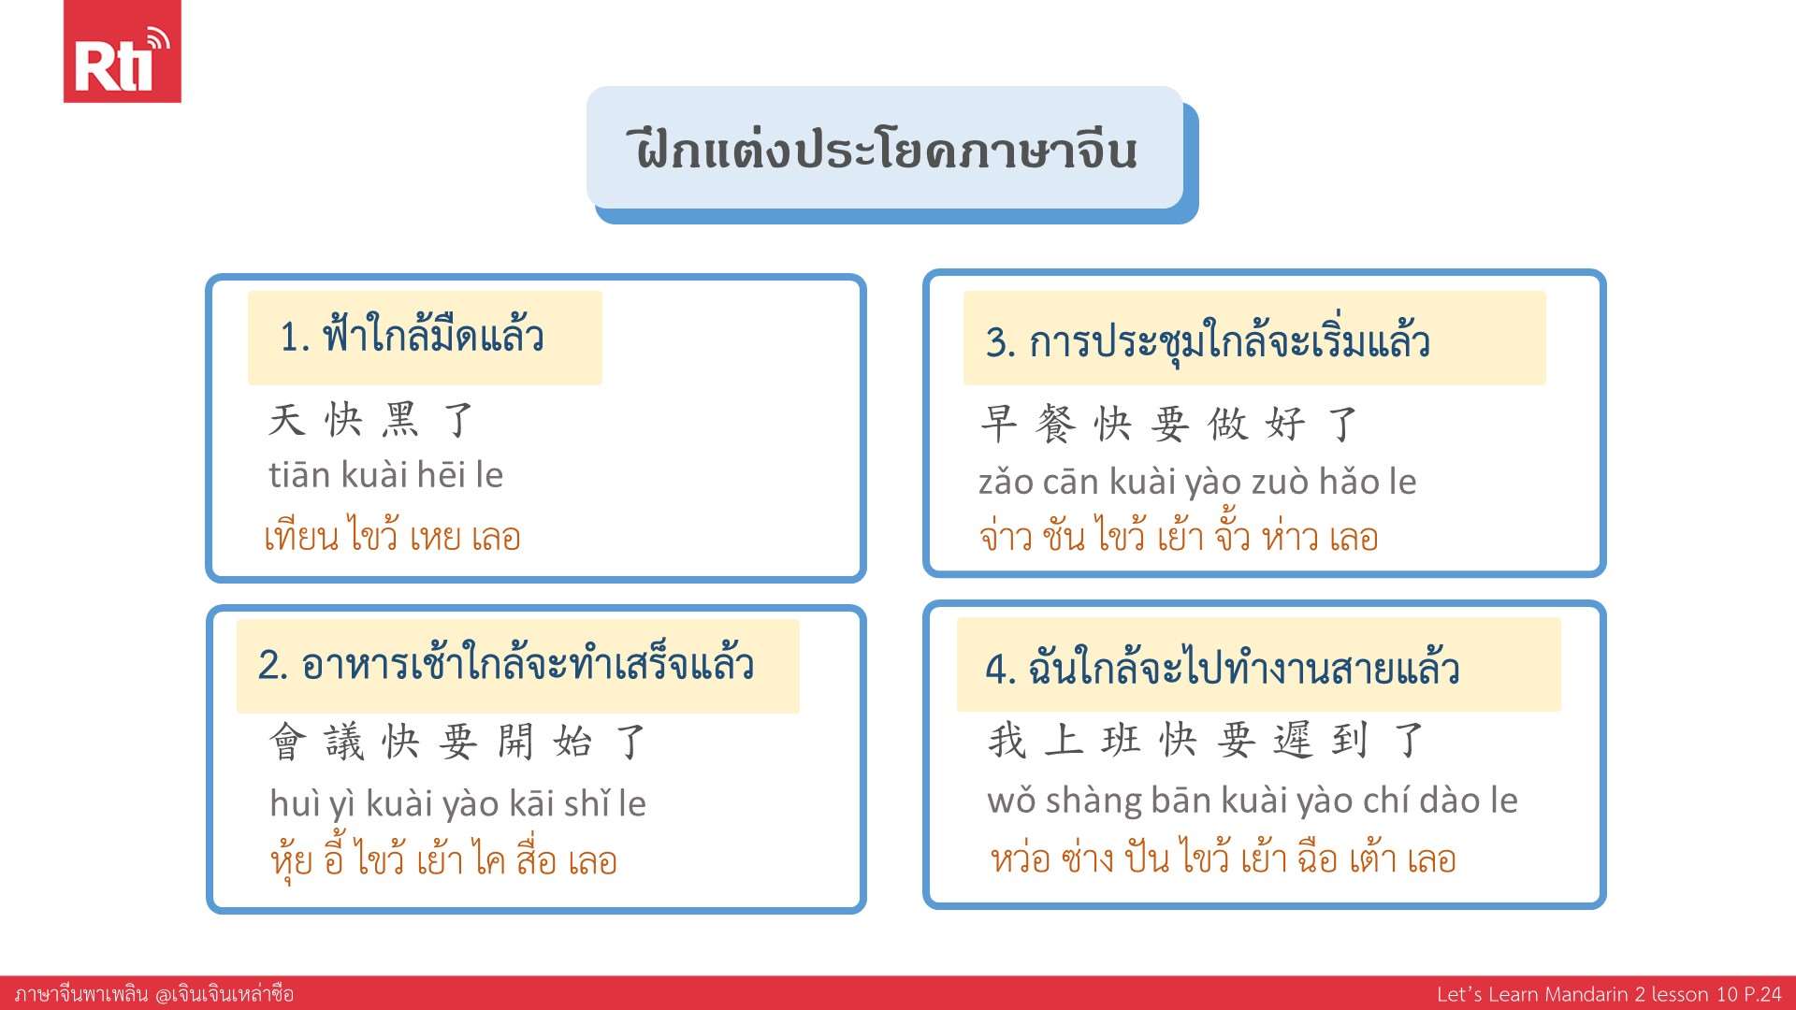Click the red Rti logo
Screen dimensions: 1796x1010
(x=122, y=51)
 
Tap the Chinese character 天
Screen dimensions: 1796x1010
(x=286, y=420)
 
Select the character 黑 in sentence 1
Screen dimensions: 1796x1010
(x=400, y=420)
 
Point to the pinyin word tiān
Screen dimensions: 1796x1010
(x=299, y=475)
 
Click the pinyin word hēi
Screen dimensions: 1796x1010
(x=441, y=475)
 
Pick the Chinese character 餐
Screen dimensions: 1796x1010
(x=1056, y=424)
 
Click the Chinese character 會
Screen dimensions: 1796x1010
(x=287, y=742)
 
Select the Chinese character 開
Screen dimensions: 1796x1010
(x=515, y=742)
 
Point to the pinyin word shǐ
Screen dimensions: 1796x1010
(x=587, y=803)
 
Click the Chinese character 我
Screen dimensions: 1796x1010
(x=1007, y=740)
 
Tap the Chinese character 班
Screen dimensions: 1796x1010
(x=1122, y=740)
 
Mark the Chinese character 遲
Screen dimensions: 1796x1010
(x=1293, y=740)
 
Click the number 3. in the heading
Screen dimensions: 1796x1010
(x=1000, y=342)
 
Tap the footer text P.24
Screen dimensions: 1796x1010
(x=1762, y=994)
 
